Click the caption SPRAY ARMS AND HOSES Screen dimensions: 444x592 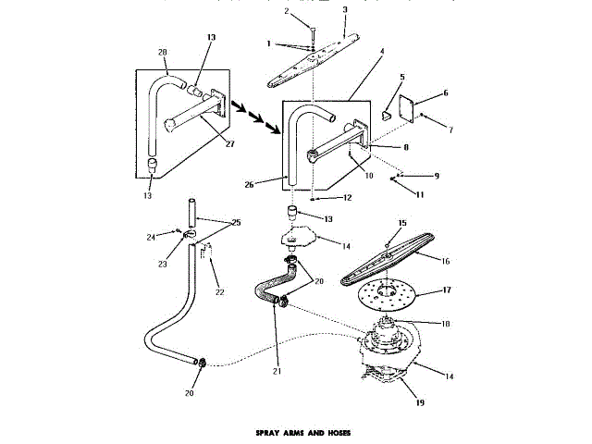tap(295, 432)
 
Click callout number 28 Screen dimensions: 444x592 tap(163, 52)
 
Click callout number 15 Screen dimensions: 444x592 tap(401, 224)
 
